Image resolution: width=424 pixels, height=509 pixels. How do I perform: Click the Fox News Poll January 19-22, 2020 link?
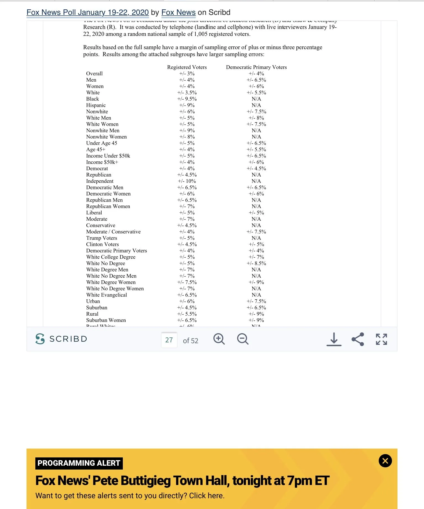click(88, 12)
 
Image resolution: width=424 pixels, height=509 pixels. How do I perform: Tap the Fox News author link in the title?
click(178, 12)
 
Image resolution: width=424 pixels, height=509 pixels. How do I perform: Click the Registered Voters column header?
click(187, 67)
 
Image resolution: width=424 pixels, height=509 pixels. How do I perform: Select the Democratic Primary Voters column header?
click(256, 67)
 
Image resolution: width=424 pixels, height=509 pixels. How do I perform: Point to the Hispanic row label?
click(96, 105)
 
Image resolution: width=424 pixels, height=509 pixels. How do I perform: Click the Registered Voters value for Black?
click(187, 99)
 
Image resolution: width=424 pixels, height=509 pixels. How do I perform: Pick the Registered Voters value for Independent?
click(187, 181)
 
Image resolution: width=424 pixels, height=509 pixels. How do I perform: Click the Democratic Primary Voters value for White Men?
click(256, 118)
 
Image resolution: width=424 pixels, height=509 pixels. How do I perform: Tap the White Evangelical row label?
click(107, 295)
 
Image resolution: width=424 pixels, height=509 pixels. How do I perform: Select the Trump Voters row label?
click(102, 238)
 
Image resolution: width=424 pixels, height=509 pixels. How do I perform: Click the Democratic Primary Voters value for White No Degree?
click(256, 263)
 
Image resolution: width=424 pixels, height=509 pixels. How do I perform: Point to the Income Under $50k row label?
click(108, 156)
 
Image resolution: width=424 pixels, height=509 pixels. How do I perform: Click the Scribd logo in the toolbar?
click(61, 339)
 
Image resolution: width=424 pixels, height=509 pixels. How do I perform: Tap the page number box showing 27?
click(169, 340)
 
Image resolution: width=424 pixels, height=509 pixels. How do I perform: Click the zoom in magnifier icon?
click(219, 339)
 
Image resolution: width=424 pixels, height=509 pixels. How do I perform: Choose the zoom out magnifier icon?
click(243, 339)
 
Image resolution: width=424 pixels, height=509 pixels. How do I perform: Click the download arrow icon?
click(334, 339)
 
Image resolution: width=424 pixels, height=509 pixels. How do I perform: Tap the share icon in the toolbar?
click(358, 339)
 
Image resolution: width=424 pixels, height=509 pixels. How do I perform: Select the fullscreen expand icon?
click(381, 339)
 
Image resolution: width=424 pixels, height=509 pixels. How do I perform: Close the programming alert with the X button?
click(385, 461)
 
